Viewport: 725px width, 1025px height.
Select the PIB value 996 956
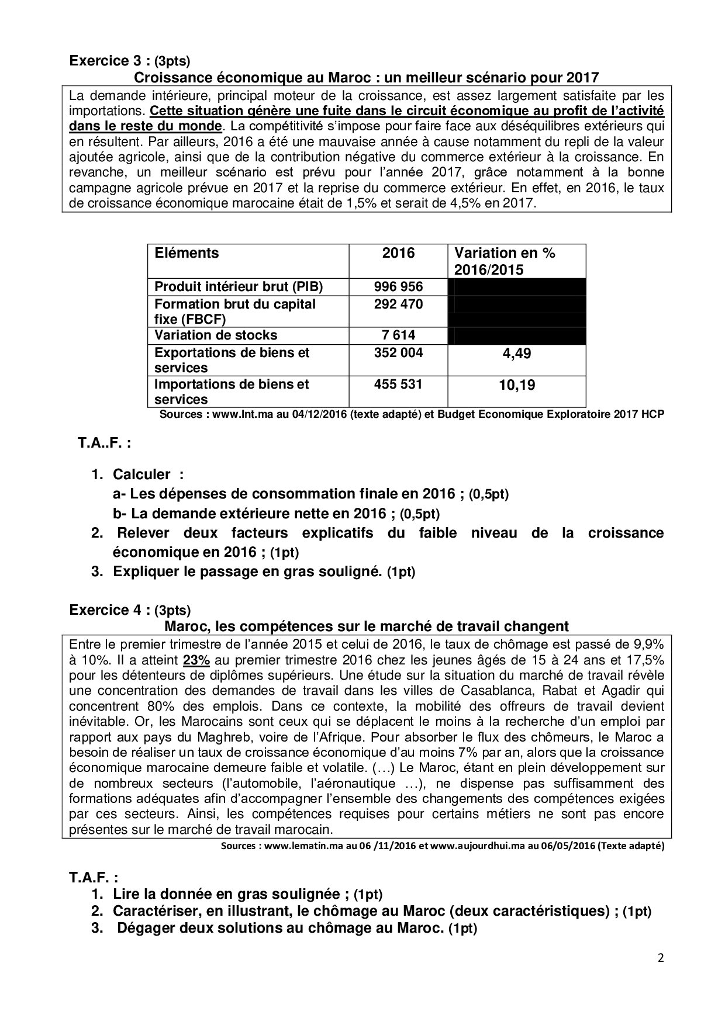pyautogui.click(x=398, y=287)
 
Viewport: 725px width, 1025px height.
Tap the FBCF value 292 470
pyautogui.click(x=398, y=304)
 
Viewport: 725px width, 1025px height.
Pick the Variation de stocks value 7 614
pyautogui.click(x=398, y=335)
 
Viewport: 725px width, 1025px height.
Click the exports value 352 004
pyautogui.click(x=398, y=353)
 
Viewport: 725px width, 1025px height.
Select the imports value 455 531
pyautogui.click(x=398, y=385)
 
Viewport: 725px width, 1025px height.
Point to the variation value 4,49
pyautogui.click(x=517, y=354)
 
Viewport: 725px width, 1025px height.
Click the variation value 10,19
pyautogui.click(x=517, y=385)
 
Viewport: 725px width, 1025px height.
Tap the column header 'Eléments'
pyautogui.click(x=187, y=254)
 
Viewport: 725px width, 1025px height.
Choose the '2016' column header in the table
pyautogui.click(x=398, y=254)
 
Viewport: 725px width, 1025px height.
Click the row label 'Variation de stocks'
pyautogui.click(x=216, y=335)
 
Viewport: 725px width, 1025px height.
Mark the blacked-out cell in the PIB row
pyautogui.click(x=517, y=287)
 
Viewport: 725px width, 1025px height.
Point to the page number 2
pyautogui.click(x=661, y=958)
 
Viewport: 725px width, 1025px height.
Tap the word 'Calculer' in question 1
pyautogui.click(x=141, y=475)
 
